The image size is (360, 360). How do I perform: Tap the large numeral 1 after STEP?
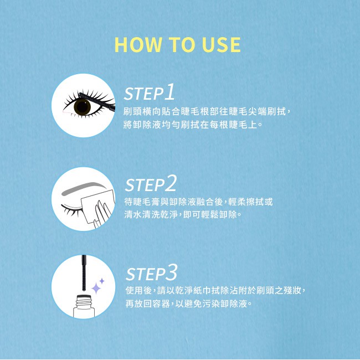[x=169, y=92]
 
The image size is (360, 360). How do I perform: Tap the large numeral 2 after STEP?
[x=171, y=183]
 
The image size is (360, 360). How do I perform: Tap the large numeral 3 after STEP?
[x=172, y=272]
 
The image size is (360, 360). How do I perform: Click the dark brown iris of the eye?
[x=82, y=107]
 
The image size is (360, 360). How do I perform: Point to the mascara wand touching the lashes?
[x=96, y=101]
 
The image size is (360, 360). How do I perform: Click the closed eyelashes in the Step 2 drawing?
[x=71, y=209]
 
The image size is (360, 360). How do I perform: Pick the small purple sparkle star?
[x=102, y=281]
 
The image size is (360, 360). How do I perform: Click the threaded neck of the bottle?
[x=84, y=301]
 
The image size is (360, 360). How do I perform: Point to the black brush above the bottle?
[x=84, y=272]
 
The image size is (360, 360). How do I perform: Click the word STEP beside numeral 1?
[x=144, y=94]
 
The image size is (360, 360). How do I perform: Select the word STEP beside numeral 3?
[x=146, y=274]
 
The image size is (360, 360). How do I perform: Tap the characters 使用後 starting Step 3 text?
[x=138, y=291]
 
